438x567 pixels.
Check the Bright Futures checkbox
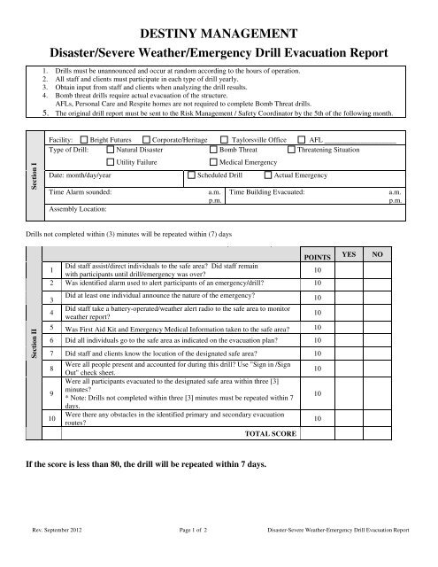pos(84,140)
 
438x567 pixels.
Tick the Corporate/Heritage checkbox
pos(147,140)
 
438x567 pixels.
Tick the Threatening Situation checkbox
pos(293,151)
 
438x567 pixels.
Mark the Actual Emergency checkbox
pos(268,176)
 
